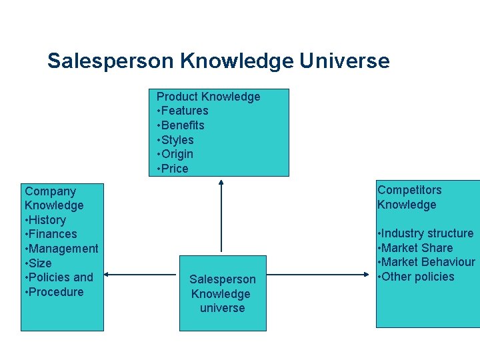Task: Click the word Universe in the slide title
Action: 344,61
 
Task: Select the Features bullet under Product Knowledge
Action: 183,111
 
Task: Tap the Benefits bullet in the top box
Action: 181,125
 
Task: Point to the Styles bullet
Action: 176,140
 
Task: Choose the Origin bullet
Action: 176,154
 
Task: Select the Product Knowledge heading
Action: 208,97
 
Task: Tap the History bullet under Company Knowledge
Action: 46,220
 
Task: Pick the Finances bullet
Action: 51,234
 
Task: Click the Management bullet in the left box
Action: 62,249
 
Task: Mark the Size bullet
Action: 39,263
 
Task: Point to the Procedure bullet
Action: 55,292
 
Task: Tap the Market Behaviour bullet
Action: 426,262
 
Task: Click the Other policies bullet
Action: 416,277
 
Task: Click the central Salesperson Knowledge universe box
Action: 222,293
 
